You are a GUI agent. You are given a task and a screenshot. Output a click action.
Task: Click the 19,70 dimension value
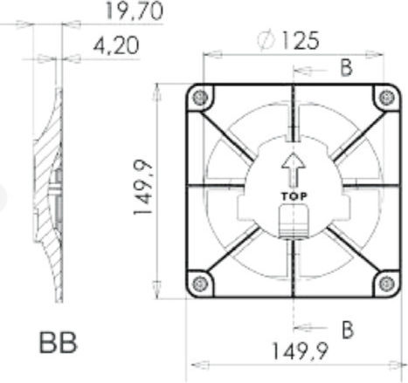click(x=134, y=11)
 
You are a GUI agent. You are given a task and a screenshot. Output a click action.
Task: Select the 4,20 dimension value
click(x=116, y=46)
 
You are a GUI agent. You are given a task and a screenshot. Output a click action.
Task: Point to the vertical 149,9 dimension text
click(x=142, y=188)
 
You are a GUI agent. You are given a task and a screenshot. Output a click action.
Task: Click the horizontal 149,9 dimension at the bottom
click(x=300, y=351)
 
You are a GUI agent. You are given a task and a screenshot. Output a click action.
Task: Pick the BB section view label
click(x=59, y=343)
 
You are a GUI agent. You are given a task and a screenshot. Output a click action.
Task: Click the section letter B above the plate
click(x=346, y=68)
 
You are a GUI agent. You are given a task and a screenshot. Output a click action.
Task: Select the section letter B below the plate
click(x=348, y=330)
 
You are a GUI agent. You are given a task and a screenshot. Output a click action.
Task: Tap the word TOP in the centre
click(x=294, y=196)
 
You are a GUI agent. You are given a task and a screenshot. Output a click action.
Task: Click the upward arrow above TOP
click(x=294, y=170)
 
